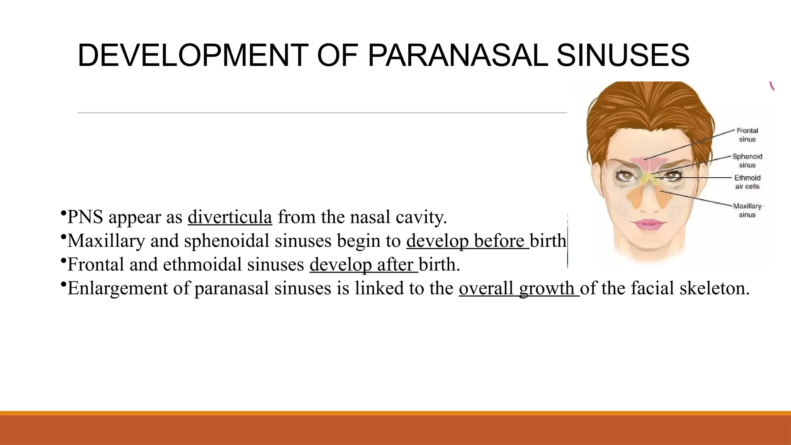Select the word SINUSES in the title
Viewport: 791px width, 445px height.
pos(623,55)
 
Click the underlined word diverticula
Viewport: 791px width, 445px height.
pos(230,217)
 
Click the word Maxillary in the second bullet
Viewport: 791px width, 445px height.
pos(106,241)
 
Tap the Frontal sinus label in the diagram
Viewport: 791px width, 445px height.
pos(747,135)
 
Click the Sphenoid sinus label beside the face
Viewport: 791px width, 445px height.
pos(747,161)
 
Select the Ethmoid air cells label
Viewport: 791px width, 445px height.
pos(747,182)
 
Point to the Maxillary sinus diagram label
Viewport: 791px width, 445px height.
pos(747,210)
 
